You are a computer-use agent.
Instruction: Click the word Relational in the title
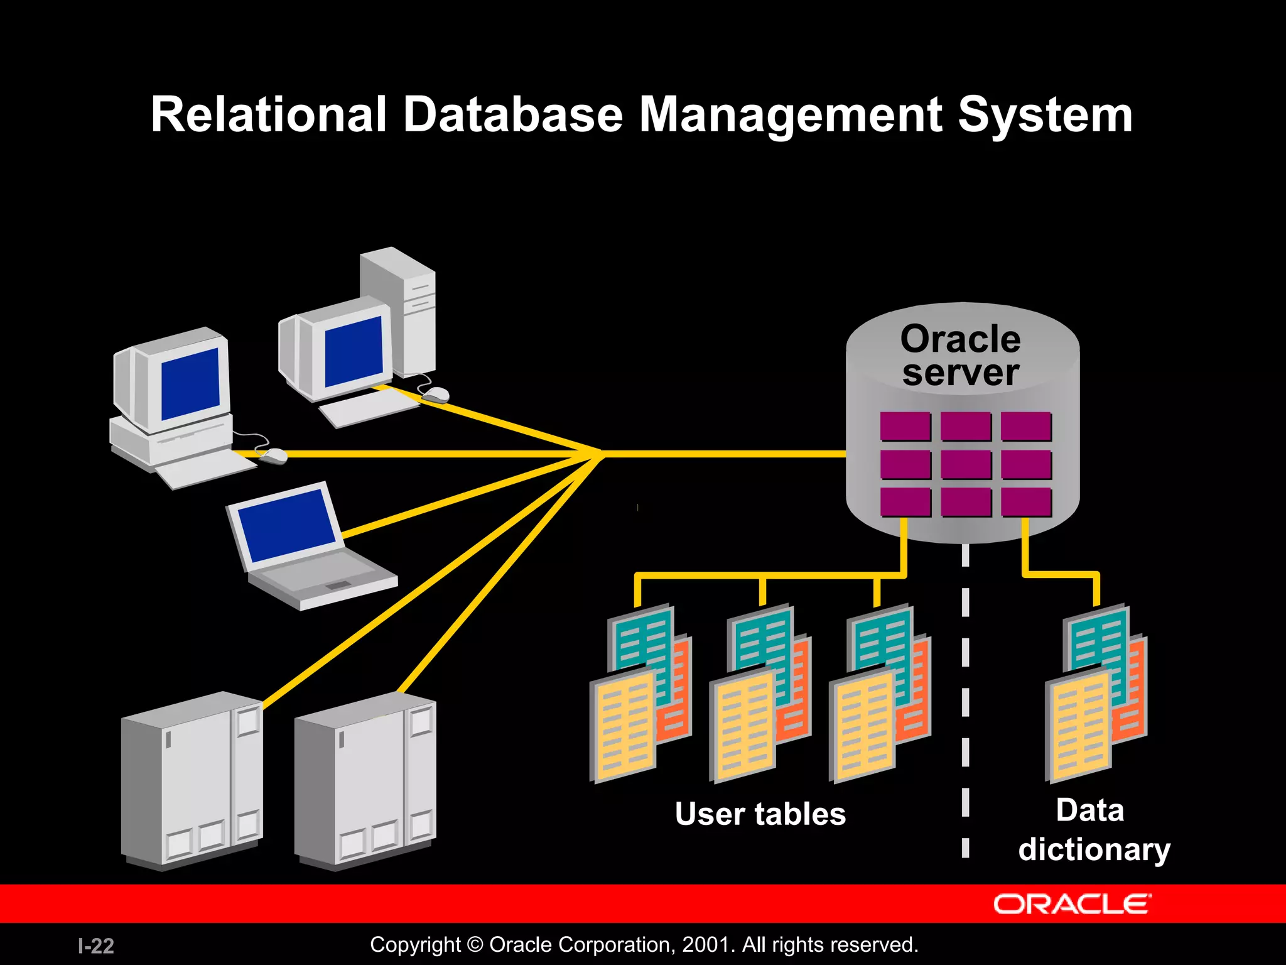[x=269, y=114]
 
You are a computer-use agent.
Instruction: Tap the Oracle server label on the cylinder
[x=960, y=356]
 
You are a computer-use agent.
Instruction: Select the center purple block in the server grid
[x=965, y=464]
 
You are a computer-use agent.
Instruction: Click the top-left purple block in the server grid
[x=905, y=426]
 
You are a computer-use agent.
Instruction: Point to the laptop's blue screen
[x=287, y=525]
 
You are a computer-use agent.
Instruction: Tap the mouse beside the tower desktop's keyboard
[x=435, y=395]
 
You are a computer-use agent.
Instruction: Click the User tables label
[x=760, y=814]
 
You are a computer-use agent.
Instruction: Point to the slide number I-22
[x=96, y=946]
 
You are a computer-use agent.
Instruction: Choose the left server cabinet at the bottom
[x=192, y=779]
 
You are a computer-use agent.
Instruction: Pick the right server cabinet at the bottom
[x=365, y=779]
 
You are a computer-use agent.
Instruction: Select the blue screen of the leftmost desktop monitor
[x=190, y=383]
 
